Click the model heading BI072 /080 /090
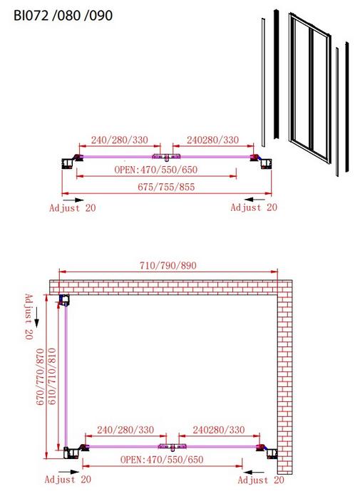click(x=63, y=15)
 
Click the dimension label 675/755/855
click(x=166, y=187)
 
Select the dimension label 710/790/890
click(x=168, y=265)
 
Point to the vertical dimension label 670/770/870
click(x=40, y=377)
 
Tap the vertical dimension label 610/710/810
click(x=51, y=377)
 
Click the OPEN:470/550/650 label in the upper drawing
click(x=156, y=170)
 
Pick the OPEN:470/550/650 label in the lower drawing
click(x=162, y=460)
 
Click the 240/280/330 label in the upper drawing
click(x=120, y=140)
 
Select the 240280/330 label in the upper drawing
click(x=213, y=140)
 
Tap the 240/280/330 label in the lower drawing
click(x=125, y=430)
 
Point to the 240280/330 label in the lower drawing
click(x=219, y=430)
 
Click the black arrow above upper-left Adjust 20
click(x=75, y=200)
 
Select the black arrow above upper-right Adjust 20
click(x=256, y=200)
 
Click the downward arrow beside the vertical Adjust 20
click(x=36, y=318)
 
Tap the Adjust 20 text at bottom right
click(x=261, y=480)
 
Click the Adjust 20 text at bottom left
click(x=68, y=479)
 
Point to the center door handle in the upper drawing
click(x=166, y=157)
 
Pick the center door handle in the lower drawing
click(x=173, y=447)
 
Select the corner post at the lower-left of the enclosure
click(x=71, y=453)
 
